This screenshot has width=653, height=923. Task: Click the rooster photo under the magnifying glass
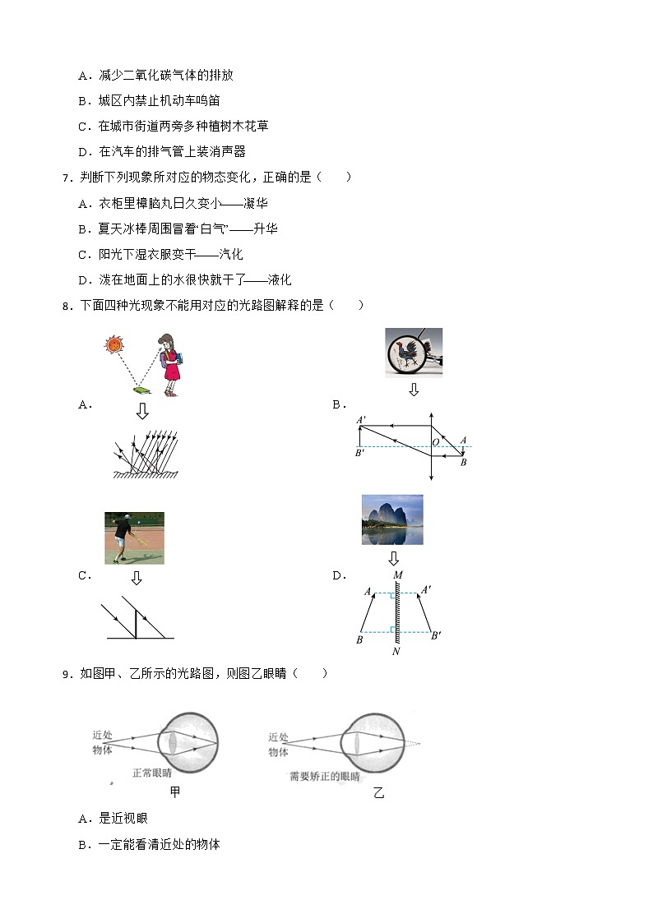(x=413, y=353)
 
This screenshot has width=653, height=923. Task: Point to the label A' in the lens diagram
(x=361, y=421)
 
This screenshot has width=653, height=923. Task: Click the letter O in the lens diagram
(x=436, y=443)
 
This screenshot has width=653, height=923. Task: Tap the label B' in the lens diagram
(x=360, y=453)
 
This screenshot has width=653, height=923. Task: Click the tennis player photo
(x=134, y=538)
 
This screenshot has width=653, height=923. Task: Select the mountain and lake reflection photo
(x=392, y=519)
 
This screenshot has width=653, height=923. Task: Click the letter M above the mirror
(x=397, y=575)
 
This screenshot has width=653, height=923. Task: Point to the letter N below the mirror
(x=396, y=652)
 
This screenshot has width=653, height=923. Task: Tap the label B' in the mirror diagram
(x=435, y=635)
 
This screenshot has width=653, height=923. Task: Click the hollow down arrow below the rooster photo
(x=414, y=390)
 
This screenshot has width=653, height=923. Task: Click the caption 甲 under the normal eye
(x=174, y=792)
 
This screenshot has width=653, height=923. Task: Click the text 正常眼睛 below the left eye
(x=152, y=773)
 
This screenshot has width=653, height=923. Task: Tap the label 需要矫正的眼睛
(x=324, y=776)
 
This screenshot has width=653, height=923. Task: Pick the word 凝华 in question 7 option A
(x=256, y=203)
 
